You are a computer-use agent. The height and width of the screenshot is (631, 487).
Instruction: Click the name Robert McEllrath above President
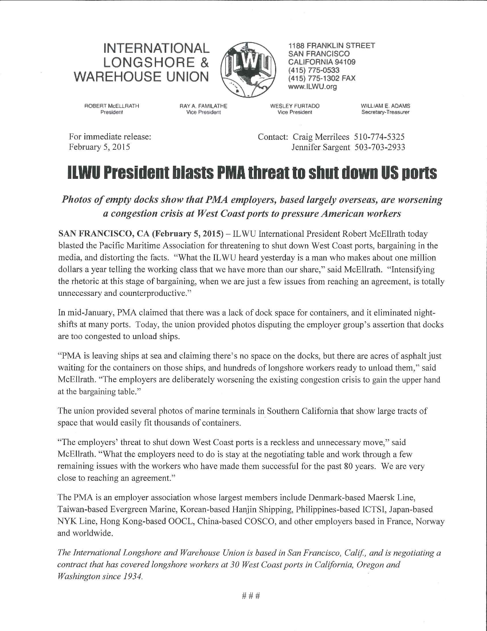(x=112, y=106)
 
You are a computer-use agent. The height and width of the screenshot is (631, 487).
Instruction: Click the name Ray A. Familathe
(x=203, y=106)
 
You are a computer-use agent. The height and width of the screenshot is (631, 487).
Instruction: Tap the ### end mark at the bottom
(x=250, y=596)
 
